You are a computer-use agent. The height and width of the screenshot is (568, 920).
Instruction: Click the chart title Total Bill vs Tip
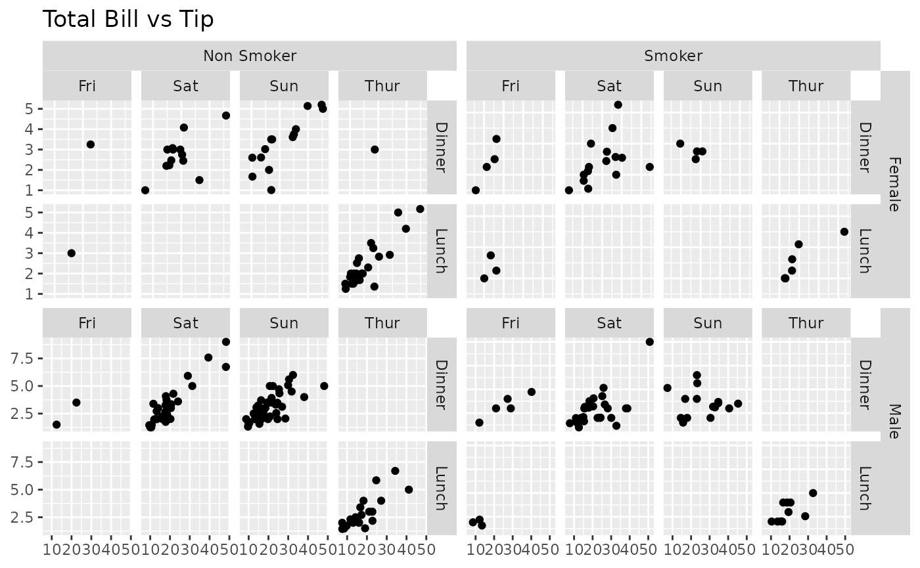coord(128,20)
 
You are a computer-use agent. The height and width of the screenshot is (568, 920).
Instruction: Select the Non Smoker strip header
coord(250,56)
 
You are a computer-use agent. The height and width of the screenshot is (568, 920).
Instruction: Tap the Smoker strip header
coord(674,56)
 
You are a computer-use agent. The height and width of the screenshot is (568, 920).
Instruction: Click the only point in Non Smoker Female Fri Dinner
coord(91,144)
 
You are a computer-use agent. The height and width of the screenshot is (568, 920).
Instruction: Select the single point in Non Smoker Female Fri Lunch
coord(72,253)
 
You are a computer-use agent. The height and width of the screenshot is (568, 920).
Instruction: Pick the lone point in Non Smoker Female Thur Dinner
coord(375,149)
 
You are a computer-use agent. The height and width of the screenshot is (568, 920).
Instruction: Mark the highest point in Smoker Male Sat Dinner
coord(650,341)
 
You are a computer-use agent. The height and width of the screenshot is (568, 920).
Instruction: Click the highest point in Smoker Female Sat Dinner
coord(618,104)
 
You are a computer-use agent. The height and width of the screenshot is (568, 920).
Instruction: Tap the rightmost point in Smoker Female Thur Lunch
coord(844,232)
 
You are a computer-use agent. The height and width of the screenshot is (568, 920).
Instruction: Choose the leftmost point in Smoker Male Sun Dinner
coord(668,387)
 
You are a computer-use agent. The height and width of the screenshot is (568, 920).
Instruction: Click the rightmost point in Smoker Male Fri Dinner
coord(532,392)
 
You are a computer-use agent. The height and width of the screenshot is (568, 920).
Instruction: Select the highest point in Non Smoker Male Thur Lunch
coord(395,471)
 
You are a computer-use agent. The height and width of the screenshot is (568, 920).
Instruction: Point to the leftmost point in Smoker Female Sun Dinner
coord(680,144)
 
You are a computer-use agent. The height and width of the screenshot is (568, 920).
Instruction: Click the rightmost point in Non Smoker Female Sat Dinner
coord(226,116)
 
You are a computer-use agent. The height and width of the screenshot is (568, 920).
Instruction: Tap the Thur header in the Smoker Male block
coord(806,323)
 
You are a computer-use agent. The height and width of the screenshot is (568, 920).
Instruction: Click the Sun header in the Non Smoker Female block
coord(284,86)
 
